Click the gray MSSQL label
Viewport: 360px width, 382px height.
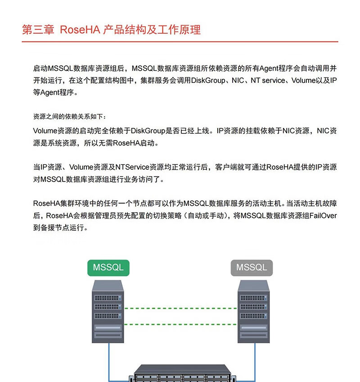click(x=252, y=267)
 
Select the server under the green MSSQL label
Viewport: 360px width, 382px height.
click(x=108, y=311)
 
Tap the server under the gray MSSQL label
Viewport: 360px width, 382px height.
click(x=253, y=311)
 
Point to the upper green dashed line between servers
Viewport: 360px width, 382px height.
click(x=180, y=309)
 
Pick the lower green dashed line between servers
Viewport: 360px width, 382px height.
click(x=180, y=322)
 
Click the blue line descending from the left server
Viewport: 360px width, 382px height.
click(x=108, y=360)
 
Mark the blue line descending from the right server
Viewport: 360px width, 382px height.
click(x=255, y=360)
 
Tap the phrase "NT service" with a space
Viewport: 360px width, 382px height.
click(x=268, y=81)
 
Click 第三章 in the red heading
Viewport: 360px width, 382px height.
click(x=38, y=30)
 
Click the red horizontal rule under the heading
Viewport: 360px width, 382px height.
click(x=180, y=41)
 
